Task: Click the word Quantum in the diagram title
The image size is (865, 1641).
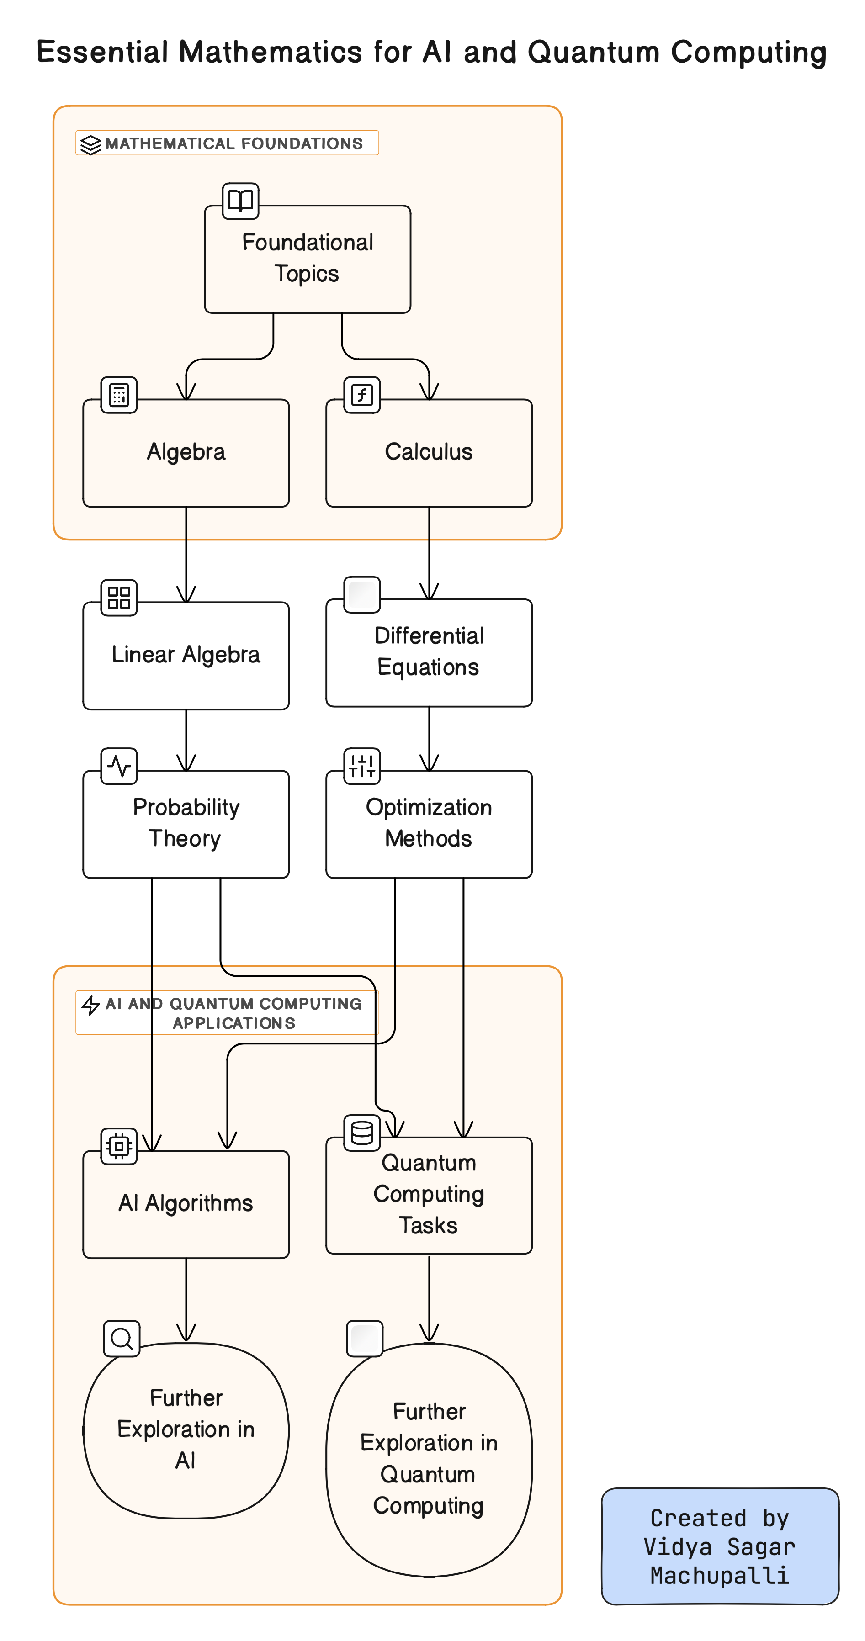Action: coord(593,52)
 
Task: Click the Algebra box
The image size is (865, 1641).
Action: coord(186,453)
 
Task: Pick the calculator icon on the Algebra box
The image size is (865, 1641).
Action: coord(119,395)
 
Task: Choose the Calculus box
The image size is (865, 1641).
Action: coord(429,453)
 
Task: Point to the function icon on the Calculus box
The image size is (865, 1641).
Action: coord(362,395)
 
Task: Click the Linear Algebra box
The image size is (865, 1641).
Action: coord(186,655)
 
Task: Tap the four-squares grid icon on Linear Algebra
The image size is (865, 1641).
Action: coord(119,598)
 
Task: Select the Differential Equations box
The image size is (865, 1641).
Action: coord(429,652)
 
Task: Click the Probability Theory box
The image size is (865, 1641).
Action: coord(186,824)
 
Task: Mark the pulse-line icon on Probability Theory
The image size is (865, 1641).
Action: coord(119,766)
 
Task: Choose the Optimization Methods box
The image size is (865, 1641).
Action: coord(429,824)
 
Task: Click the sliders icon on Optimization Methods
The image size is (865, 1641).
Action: coord(362,766)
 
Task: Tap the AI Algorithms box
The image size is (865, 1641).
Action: coord(186,1203)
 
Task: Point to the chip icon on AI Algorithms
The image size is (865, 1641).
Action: coord(119,1146)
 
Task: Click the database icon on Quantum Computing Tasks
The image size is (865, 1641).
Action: coord(362,1132)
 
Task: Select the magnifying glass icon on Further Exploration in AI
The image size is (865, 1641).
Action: coord(121,1339)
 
